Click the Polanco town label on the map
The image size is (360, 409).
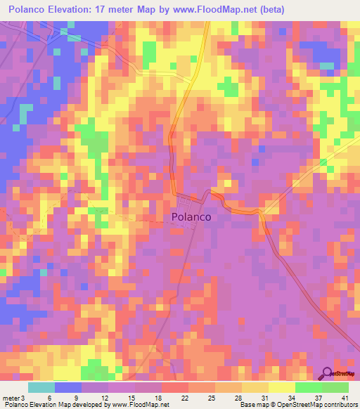click(191, 218)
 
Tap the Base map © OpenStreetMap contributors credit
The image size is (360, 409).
click(298, 404)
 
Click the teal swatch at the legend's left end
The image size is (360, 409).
click(41, 387)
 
